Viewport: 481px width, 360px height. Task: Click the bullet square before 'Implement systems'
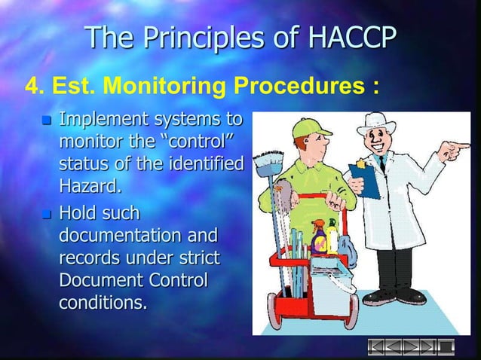point(47,121)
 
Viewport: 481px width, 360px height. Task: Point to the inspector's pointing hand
point(455,153)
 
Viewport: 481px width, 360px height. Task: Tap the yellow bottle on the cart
point(332,236)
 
